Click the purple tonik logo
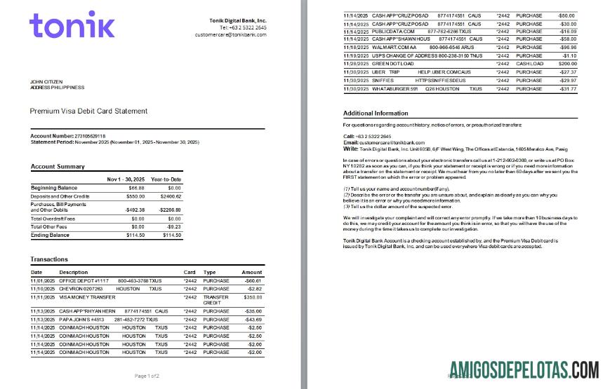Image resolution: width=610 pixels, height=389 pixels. click(72, 25)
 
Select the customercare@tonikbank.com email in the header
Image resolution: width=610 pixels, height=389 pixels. click(230, 34)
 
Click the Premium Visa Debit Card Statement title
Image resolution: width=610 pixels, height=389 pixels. click(88, 111)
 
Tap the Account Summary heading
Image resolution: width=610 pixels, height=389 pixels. click(58, 166)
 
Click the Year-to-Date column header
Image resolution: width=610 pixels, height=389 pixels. click(166, 179)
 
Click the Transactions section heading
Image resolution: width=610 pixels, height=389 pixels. click(49, 259)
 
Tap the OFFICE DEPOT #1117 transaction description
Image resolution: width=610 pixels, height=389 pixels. click(81, 280)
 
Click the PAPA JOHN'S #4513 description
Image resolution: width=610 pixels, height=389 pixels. click(81, 319)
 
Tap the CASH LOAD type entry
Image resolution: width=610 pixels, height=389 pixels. click(529, 63)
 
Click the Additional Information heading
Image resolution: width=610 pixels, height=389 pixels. click(376, 113)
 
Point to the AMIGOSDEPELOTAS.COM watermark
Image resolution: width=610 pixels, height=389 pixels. click(524, 369)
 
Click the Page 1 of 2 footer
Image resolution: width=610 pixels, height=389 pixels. click(147, 376)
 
